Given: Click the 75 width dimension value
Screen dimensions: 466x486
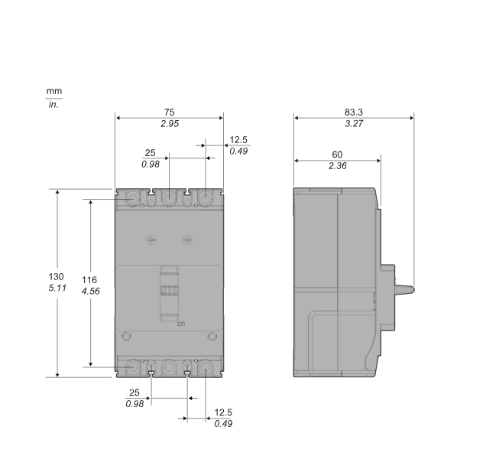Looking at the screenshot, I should tap(169, 112).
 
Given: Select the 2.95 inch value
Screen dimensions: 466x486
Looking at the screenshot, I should tap(169, 123).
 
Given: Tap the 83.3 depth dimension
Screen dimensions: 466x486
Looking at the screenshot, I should tap(353, 112).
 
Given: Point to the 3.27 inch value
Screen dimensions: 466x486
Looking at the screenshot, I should tap(353, 123).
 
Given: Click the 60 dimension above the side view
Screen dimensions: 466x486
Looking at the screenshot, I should tap(337, 155).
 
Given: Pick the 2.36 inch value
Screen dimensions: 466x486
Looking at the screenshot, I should tap(337, 166).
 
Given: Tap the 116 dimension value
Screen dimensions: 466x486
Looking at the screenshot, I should tap(89, 280).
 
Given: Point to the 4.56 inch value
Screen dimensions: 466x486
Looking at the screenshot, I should tap(89, 292).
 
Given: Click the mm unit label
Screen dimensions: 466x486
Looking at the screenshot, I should tap(53, 92).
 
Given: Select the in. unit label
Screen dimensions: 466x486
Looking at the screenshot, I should tap(53, 104).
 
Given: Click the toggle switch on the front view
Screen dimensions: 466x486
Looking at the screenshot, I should tap(169, 292).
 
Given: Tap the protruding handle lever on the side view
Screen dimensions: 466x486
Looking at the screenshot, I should tap(403, 288).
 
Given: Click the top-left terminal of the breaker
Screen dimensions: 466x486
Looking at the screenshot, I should tap(134, 199).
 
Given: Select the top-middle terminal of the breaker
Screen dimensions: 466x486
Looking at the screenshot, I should tap(169, 199).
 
